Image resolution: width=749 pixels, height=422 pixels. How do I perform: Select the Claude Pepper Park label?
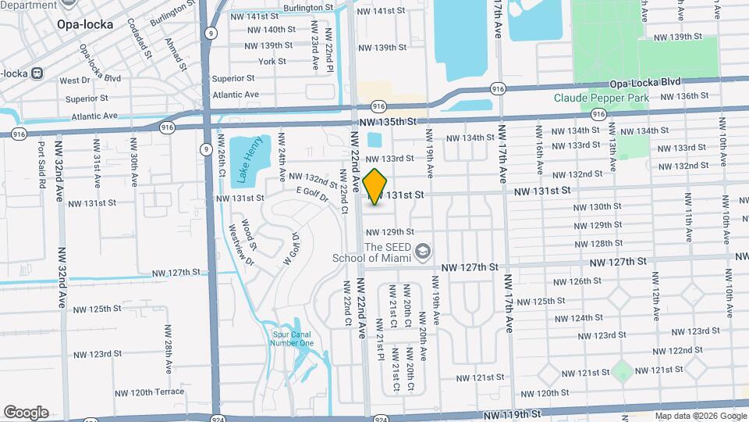click(x=597, y=98)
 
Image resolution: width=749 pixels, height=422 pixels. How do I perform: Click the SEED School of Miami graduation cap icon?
click(x=423, y=251)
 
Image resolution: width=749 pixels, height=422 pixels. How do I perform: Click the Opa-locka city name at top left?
click(x=85, y=24)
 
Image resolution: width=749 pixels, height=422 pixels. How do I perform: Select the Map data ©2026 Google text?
click(x=700, y=416)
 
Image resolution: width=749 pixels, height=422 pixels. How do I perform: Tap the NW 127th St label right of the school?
click(x=469, y=267)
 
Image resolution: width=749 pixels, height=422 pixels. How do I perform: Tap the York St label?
click(x=272, y=61)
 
